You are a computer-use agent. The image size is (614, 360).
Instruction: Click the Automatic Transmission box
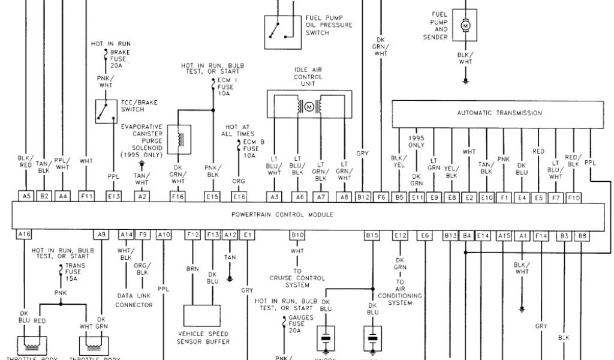point(499,113)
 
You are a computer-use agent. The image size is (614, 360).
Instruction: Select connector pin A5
point(26,196)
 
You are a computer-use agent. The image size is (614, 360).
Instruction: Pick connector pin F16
point(178,196)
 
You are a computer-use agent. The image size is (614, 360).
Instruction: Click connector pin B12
point(363,196)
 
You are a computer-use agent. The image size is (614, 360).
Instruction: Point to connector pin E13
point(113,196)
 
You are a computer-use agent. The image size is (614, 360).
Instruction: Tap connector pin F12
point(192,235)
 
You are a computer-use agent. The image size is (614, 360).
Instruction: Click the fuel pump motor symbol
point(465,26)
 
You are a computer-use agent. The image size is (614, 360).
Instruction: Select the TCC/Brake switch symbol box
point(106,112)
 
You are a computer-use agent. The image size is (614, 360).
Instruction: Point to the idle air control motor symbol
point(309,107)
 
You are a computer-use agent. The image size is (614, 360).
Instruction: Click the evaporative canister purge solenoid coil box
point(179,139)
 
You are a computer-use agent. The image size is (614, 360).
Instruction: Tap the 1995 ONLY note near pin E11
point(417,141)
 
